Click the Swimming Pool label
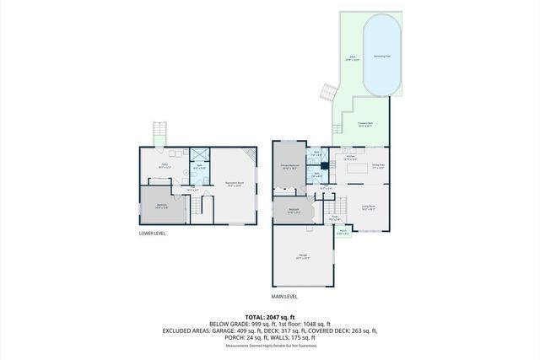click(382, 55)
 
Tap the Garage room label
click(302, 257)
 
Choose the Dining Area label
click(378, 165)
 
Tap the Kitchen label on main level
click(352, 158)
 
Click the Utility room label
click(167, 167)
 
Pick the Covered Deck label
click(367, 123)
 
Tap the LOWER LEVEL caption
click(152, 234)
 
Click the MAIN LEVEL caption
click(283, 296)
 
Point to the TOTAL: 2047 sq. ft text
click(270, 314)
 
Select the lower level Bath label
click(200, 168)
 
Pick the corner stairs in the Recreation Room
click(249, 156)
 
